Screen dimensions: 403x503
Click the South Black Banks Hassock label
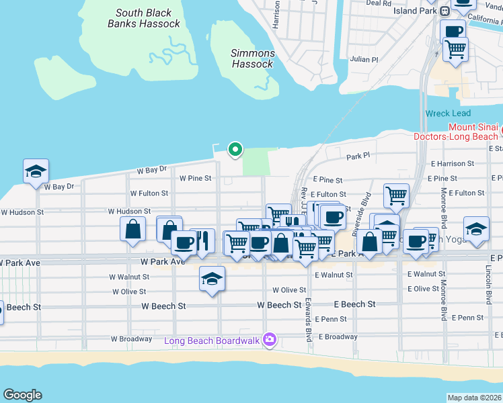click(x=144, y=18)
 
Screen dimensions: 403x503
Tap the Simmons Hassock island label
click(x=253, y=58)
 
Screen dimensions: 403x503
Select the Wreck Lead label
click(x=448, y=114)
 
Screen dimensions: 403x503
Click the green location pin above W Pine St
click(x=235, y=149)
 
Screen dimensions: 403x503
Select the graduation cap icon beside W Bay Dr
click(x=36, y=171)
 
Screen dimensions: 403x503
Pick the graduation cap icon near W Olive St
click(x=212, y=278)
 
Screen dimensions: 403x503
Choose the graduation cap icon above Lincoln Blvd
click(x=476, y=230)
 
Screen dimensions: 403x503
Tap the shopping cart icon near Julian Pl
click(x=456, y=49)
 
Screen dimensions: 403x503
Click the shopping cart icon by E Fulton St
click(x=397, y=196)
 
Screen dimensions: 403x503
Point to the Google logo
click(x=22, y=395)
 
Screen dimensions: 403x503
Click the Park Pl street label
click(x=358, y=156)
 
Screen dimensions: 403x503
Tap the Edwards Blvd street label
click(x=309, y=320)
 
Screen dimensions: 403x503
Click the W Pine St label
click(x=196, y=178)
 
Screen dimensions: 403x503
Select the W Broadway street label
click(x=131, y=339)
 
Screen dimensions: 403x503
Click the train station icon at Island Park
click(x=444, y=11)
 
